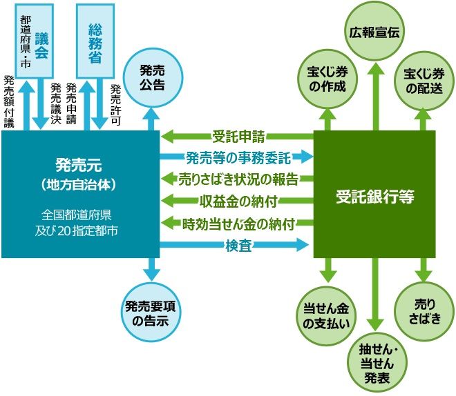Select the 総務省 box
point(95,39)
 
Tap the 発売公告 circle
point(151,77)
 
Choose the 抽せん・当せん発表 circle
point(374,361)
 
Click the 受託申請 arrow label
point(238,135)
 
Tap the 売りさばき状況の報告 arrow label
point(238,179)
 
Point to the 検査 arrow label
point(238,244)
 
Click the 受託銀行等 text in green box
point(375,195)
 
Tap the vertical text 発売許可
point(115,103)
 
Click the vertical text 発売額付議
point(9,101)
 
